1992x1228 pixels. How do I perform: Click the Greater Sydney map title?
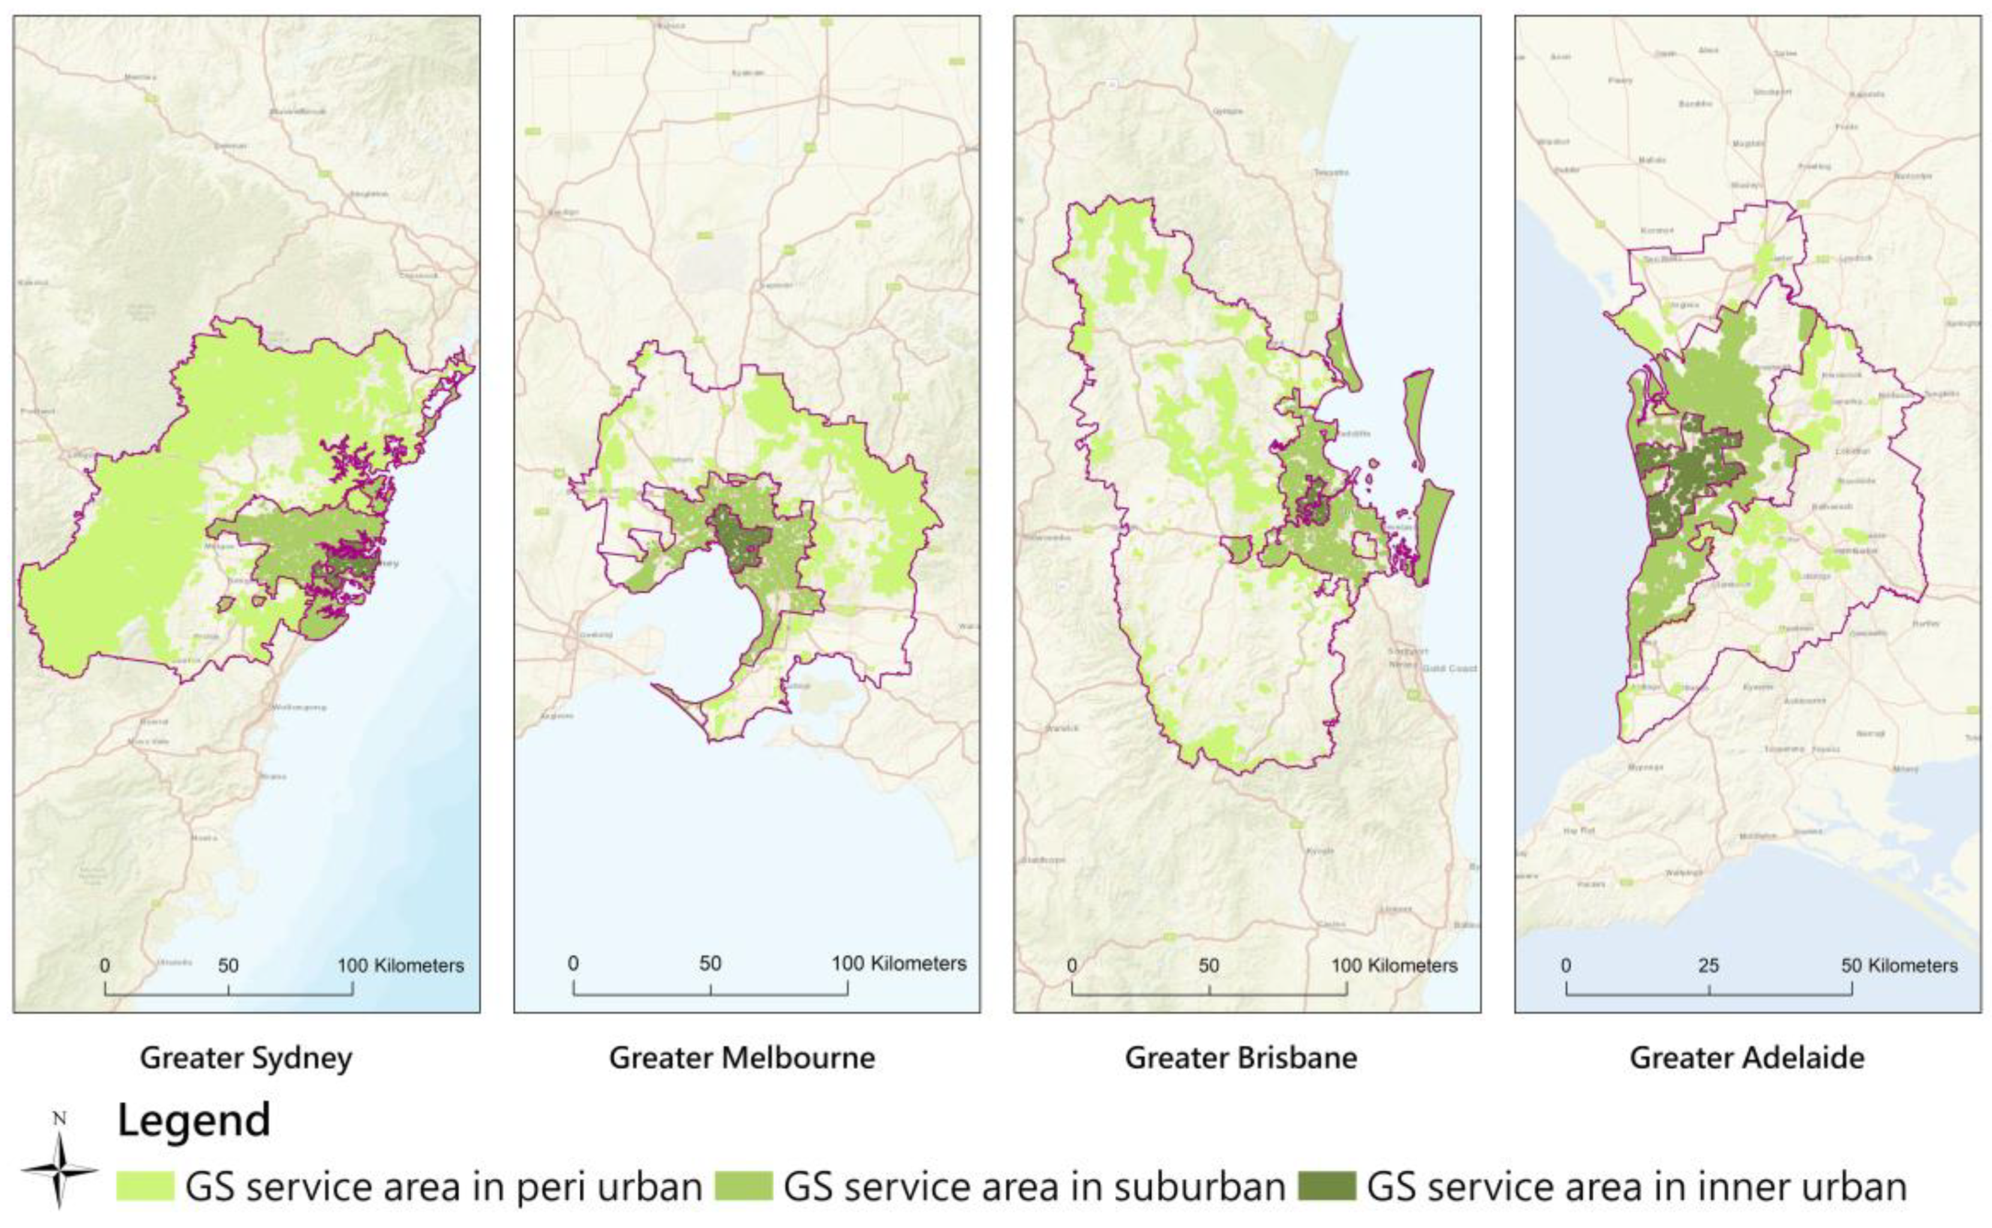tap(245, 1058)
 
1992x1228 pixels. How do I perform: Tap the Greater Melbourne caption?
tap(742, 1058)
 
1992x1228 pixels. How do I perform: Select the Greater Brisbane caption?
tap(1240, 1058)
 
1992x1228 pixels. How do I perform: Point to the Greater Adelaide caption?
tap(1747, 1058)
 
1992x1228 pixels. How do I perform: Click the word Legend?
tap(193, 1121)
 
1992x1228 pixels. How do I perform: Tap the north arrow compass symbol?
tap(59, 1169)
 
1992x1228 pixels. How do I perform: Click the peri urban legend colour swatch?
tap(145, 1187)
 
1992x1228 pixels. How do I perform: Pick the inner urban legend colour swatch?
tap(1327, 1187)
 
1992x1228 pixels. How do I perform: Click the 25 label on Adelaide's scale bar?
tap(1708, 965)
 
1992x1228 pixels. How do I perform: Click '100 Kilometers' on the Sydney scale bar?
tap(401, 965)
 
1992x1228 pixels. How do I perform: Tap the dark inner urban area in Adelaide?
tap(1690, 471)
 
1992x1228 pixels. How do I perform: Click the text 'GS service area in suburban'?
tap(1033, 1187)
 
